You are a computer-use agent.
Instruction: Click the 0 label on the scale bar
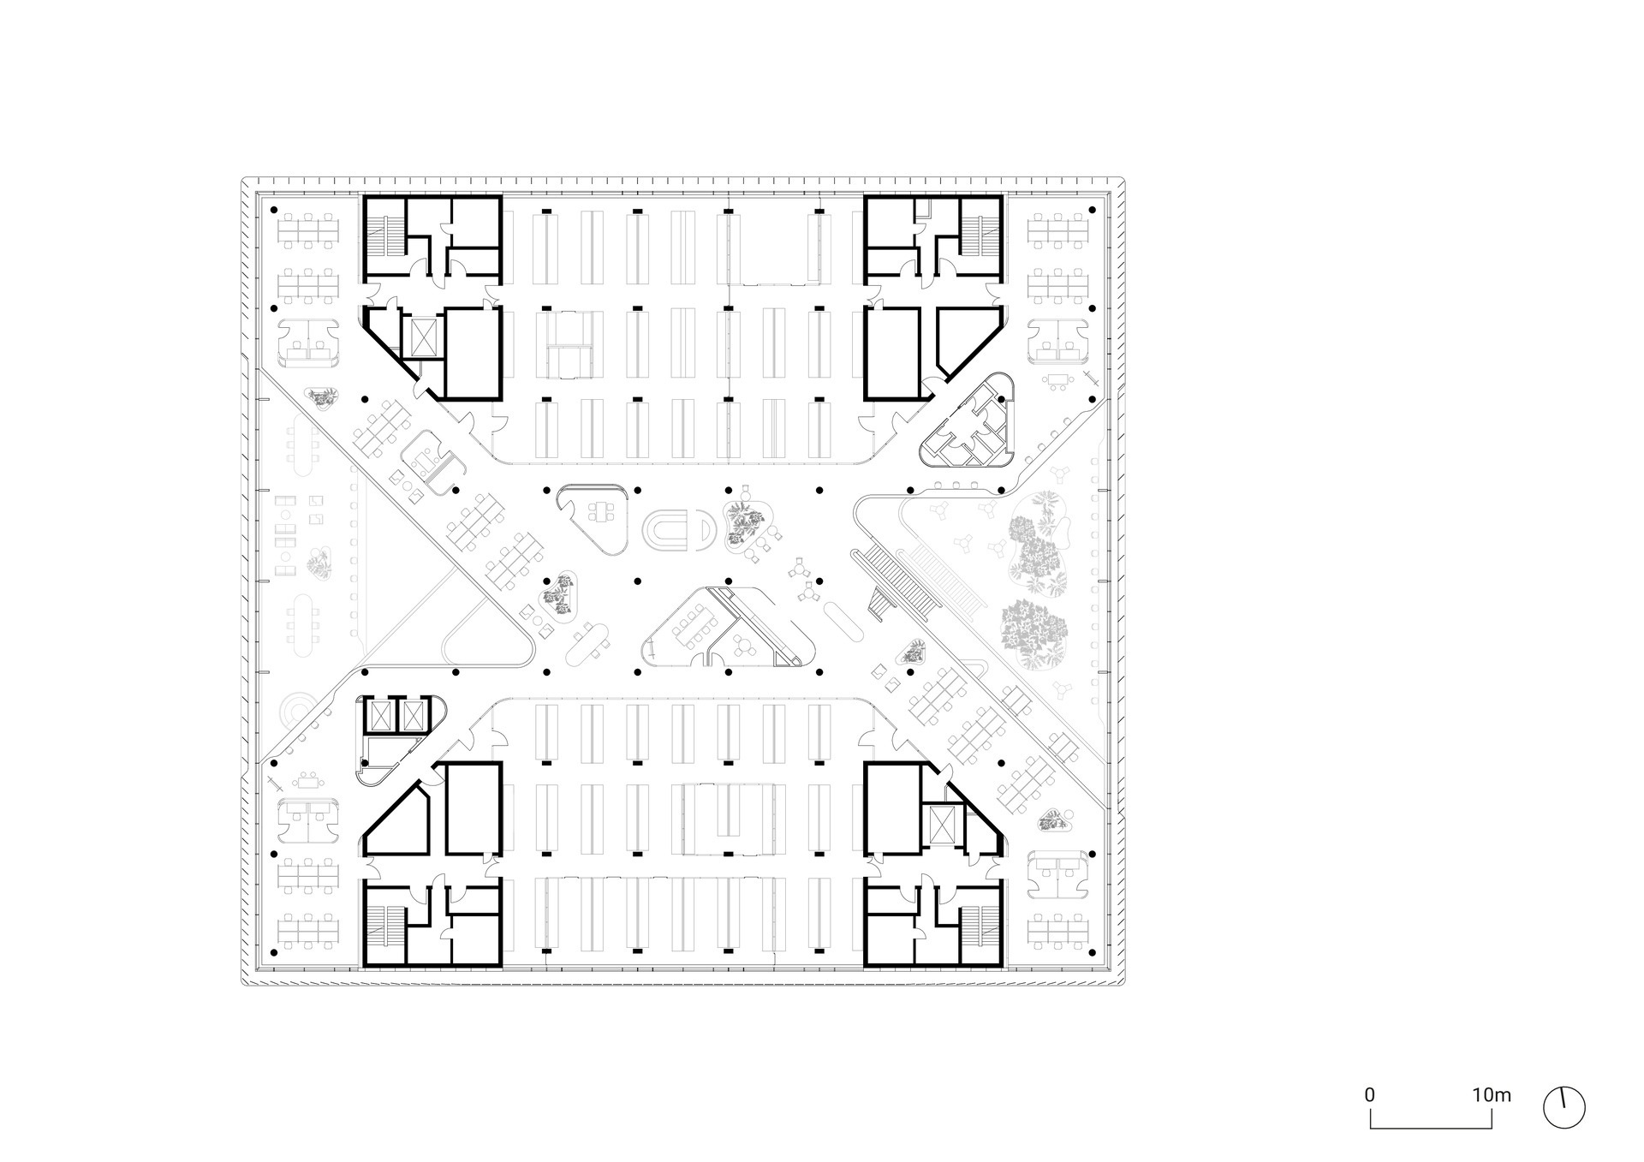click(1370, 1095)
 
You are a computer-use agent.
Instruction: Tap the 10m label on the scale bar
click(1492, 1095)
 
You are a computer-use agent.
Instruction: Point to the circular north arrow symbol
click(1564, 1108)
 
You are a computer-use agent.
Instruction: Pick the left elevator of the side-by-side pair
click(378, 714)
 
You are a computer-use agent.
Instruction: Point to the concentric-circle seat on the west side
click(300, 710)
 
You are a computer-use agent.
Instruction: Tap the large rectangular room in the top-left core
click(471, 354)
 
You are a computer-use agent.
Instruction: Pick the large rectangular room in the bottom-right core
click(893, 807)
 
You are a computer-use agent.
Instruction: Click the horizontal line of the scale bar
click(1431, 1127)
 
